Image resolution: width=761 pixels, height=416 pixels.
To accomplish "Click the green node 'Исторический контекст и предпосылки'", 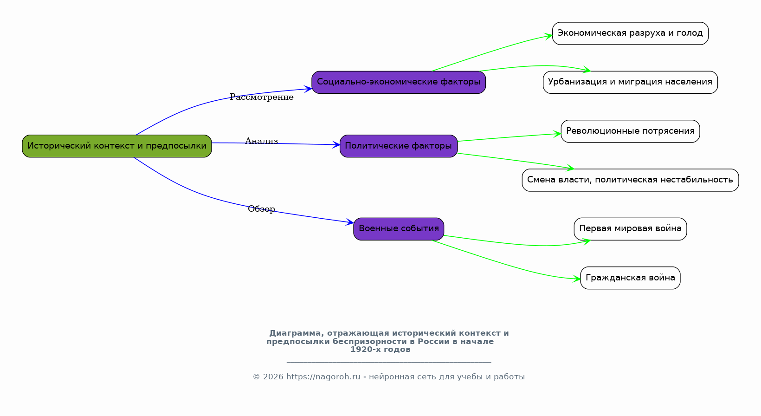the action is [x=117, y=146].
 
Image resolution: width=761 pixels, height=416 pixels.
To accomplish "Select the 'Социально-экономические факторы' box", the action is [x=399, y=82].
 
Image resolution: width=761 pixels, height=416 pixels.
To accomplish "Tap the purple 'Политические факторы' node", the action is [x=399, y=146].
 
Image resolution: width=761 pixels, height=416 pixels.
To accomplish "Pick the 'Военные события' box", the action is [x=399, y=229].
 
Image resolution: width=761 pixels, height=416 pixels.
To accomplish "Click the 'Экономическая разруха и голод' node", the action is [x=630, y=33].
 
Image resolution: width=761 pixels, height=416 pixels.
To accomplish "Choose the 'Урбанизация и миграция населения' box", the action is [x=630, y=82].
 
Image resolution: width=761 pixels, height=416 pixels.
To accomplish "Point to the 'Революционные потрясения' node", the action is [x=630, y=131].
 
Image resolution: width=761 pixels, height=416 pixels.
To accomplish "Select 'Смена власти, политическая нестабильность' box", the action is [x=630, y=180].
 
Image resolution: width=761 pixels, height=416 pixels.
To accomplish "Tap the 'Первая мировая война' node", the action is [x=630, y=229].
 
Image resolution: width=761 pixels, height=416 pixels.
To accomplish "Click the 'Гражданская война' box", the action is [x=630, y=278].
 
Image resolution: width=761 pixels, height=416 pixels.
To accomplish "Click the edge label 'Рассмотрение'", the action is [x=262, y=97].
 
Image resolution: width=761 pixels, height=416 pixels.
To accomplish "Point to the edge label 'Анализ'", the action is [x=262, y=141].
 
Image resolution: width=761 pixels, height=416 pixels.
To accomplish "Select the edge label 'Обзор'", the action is [x=261, y=209].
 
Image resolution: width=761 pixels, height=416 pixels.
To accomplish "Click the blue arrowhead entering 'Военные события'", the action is [x=350, y=222].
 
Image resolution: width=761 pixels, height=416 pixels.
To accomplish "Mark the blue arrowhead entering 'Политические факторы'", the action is [x=336, y=145].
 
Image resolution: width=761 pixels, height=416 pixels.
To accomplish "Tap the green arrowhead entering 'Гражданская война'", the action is [x=577, y=279].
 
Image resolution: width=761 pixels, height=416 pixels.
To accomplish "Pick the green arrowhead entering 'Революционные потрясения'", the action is [x=557, y=134].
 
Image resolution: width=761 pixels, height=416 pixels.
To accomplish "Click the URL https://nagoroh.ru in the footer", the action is [x=323, y=377].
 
